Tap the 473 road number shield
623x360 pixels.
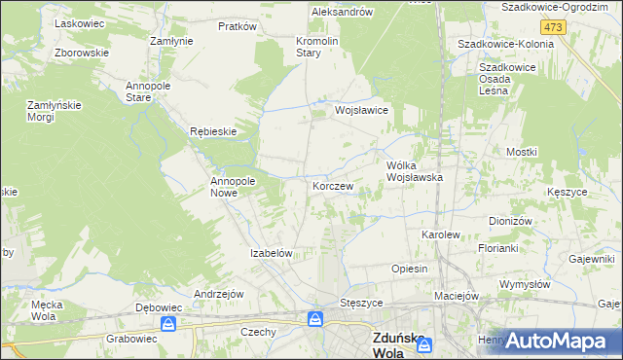(x=554, y=28)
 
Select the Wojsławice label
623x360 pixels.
(x=361, y=111)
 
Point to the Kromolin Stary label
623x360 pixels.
(x=316, y=48)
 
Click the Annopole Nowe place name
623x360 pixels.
(x=233, y=187)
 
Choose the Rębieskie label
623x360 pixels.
(x=213, y=131)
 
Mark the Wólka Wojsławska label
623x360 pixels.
(x=415, y=172)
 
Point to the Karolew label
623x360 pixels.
(x=440, y=235)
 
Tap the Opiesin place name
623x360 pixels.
(x=409, y=269)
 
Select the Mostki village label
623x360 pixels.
(x=522, y=153)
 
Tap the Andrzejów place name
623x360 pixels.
(x=218, y=294)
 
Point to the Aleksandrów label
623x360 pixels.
(x=342, y=12)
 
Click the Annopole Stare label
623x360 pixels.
(x=149, y=91)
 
